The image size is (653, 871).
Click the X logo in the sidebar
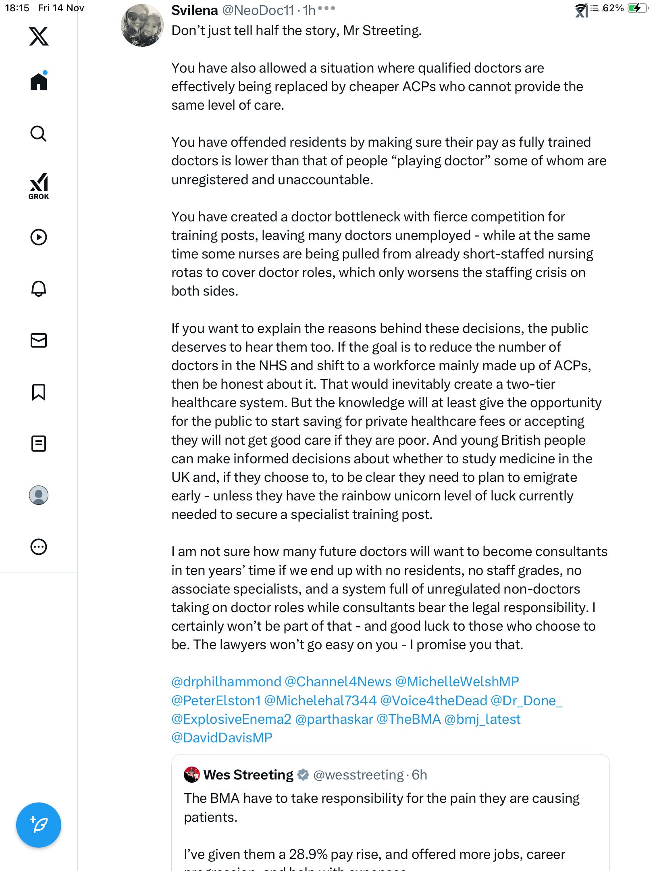(39, 36)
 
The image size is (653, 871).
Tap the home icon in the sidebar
(39, 82)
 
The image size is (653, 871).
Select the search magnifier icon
(39, 133)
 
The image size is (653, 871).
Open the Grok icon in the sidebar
(39, 186)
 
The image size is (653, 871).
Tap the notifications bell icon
(39, 289)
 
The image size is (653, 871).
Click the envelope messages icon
(39, 340)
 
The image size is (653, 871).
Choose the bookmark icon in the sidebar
(39, 392)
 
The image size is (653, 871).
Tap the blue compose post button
(39, 825)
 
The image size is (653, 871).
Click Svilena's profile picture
(142, 25)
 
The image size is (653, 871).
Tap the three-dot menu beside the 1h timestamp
(326, 8)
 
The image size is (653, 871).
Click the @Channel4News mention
(338, 681)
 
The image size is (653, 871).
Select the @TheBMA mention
(408, 719)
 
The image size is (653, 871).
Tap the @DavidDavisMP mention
(222, 738)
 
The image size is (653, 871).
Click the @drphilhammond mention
(226, 681)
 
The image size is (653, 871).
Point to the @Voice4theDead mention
(433, 700)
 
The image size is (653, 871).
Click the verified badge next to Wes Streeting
(303, 775)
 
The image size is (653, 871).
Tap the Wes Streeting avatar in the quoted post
(192, 775)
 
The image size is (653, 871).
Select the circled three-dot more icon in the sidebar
(39, 547)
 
